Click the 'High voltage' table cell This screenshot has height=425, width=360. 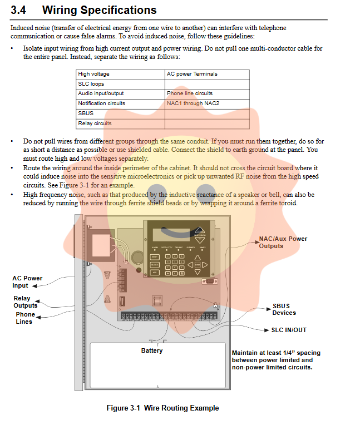[93, 74]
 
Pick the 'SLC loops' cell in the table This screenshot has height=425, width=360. [91, 84]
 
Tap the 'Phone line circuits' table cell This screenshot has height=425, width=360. [189, 93]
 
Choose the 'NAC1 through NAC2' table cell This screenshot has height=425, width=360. [193, 103]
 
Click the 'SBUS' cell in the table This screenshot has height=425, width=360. [86, 113]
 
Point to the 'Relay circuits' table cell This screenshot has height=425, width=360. [95, 123]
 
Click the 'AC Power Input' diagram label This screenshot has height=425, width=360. [27, 281]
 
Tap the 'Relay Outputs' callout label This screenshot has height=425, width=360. [26, 302]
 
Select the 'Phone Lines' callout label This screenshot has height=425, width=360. [25, 318]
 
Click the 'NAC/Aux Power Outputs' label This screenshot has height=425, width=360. [283, 242]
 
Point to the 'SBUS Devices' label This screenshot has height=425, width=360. [284, 309]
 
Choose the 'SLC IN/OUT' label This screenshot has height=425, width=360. [288, 330]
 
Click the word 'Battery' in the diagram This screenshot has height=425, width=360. [152, 350]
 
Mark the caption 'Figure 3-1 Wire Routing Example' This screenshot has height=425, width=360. [162, 408]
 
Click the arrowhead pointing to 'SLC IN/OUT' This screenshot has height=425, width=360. [267, 330]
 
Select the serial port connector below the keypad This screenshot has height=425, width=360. [209, 283]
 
